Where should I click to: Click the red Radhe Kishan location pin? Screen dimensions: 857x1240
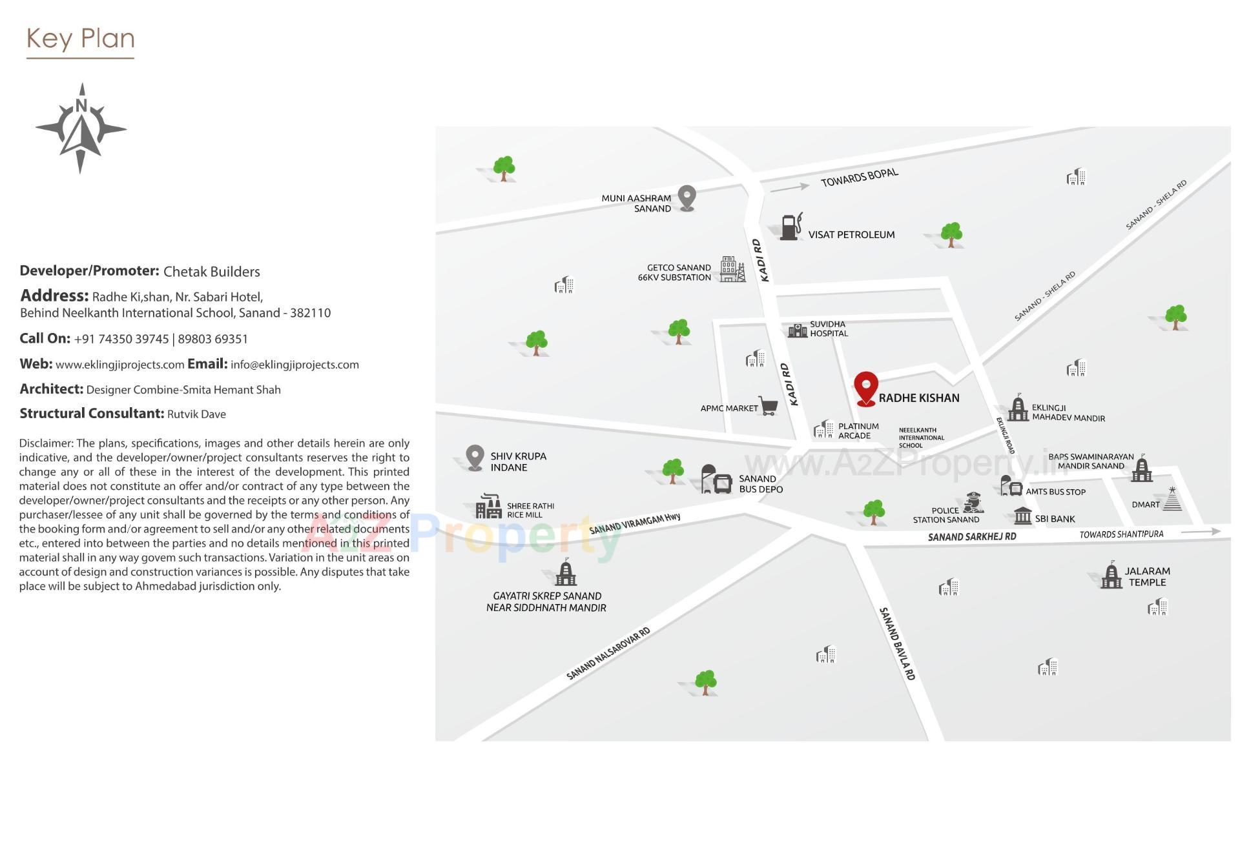(865, 388)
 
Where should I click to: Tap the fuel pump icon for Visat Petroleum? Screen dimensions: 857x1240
(790, 227)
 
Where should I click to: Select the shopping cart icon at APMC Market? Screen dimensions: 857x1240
(768, 406)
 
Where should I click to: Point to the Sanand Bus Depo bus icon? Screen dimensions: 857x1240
(716, 480)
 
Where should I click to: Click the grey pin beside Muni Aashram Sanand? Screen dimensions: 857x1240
(687, 197)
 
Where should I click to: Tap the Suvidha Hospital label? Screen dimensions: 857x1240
(829, 329)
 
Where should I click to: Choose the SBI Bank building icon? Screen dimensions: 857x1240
(1022, 516)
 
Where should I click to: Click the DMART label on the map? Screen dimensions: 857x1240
(1145, 505)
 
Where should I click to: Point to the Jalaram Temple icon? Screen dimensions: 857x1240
(1111, 576)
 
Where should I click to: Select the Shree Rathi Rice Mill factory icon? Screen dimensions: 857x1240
(488, 507)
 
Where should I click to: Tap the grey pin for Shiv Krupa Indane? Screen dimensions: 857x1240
(475, 458)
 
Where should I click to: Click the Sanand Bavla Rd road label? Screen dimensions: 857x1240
(897, 643)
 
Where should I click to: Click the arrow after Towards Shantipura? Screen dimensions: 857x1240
(1201, 532)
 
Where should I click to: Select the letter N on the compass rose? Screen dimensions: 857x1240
(81, 105)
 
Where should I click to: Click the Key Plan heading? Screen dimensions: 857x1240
(81, 39)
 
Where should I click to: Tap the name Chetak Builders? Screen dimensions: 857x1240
(211, 272)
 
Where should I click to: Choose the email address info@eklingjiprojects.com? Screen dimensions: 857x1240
(294, 365)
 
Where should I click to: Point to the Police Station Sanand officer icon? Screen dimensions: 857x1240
(973, 503)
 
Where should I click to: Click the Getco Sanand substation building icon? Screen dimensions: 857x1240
(732, 269)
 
